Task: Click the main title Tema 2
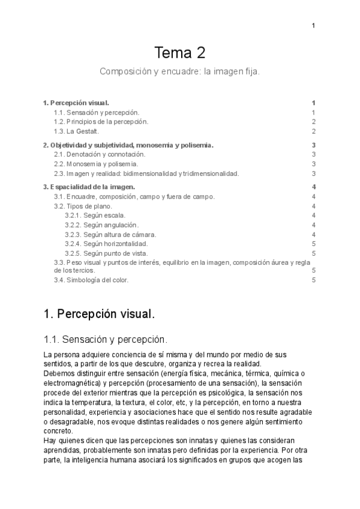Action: (180, 53)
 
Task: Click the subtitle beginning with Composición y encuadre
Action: (180, 71)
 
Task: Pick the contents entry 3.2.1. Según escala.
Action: (95, 215)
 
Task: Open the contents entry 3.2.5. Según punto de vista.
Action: (106, 253)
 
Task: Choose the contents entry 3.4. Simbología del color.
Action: (91, 280)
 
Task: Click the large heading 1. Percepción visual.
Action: (100, 314)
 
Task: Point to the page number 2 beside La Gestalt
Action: (314, 131)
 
